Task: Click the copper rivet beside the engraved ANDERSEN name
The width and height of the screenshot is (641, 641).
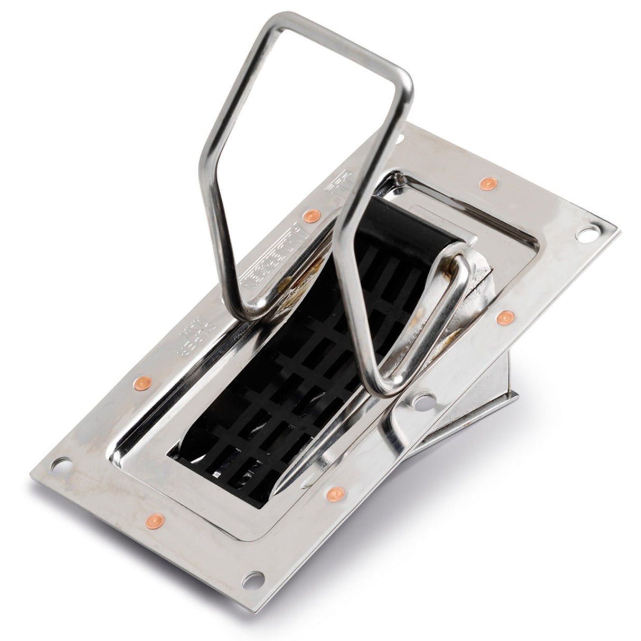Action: point(312,215)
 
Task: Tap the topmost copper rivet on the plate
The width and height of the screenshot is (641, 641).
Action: point(489,183)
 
